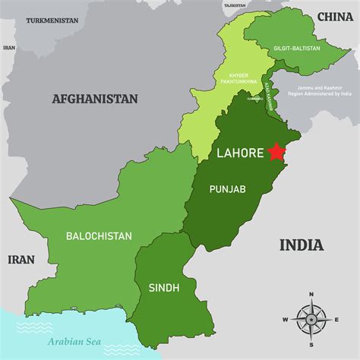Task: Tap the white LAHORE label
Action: coord(240,153)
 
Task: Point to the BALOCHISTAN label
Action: coord(99,236)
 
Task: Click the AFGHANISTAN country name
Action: coord(95,99)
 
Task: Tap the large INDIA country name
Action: coord(302,245)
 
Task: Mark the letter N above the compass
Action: coord(311,294)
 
